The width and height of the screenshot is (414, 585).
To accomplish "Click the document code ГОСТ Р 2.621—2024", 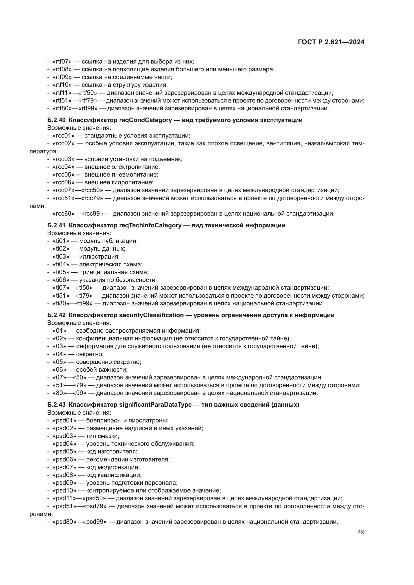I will [331, 42].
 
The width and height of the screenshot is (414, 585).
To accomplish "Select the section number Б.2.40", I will [56, 120].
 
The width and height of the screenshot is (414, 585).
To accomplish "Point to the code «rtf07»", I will [62, 62].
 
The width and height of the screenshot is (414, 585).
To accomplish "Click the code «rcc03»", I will [64, 159].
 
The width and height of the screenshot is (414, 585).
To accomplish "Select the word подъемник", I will [167, 159].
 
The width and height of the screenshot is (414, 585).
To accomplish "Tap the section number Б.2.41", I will [56, 225].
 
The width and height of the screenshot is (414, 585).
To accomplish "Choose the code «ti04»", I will [61, 264].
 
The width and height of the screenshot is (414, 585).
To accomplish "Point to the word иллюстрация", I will [99, 257].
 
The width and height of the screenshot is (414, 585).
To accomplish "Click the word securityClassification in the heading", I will [151, 315].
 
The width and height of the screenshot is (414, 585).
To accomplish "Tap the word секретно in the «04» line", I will [90, 354].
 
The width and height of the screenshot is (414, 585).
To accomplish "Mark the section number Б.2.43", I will [56, 405].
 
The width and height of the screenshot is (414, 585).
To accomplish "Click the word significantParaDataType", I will [155, 405].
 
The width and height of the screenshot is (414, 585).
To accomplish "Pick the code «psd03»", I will [65, 436].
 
